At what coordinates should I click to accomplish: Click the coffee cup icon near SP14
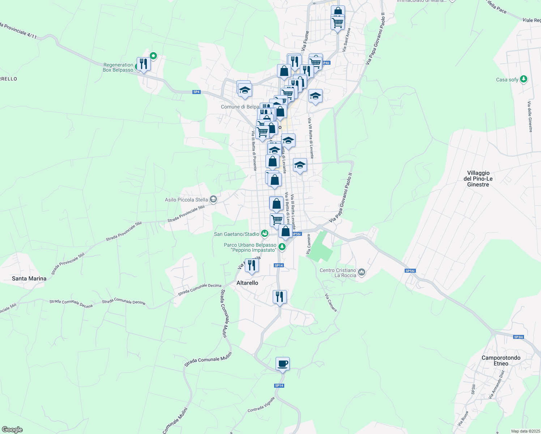tap(282, 363)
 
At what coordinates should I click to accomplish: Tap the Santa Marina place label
tap(29, 278)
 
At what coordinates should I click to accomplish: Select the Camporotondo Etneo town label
tap(501, 361)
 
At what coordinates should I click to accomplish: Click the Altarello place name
tap(247, 283)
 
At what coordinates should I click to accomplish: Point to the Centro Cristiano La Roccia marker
tap(362, 272)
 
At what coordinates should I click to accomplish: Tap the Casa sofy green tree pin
tap(523, 79)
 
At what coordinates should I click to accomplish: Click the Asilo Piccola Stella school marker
tap(213, 199)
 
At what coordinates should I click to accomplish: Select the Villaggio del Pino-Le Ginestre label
tap(478, 179)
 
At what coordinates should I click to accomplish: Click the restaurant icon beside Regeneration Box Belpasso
tap(144, 64)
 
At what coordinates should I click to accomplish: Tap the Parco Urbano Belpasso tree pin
tap(282, 247)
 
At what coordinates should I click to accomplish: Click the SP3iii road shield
tap(518, 337)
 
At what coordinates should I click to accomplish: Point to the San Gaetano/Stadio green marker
tap(265, 234)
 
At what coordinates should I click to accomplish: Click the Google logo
tap(12, 430)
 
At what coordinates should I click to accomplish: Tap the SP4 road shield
tap(196, 92)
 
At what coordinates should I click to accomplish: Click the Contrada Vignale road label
tap(261, 405)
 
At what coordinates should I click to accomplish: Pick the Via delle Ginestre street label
tap(530, 117)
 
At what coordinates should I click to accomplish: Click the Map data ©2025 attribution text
tap(525, 431)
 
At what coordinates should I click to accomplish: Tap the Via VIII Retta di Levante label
tap(310, 138)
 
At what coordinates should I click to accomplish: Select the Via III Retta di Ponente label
tap(254, 150)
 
